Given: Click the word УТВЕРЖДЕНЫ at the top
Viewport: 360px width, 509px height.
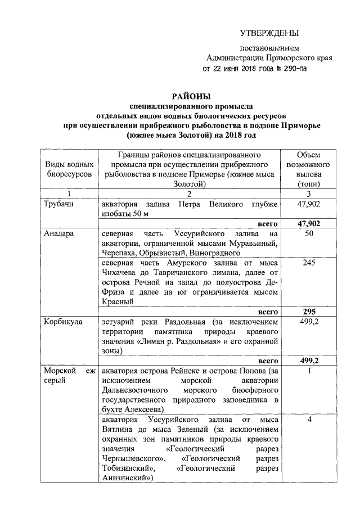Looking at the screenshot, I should tap(269, 33).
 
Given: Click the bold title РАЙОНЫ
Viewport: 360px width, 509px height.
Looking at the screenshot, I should tap(191, 96).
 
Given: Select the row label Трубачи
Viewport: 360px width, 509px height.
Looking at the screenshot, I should tap(59, 204).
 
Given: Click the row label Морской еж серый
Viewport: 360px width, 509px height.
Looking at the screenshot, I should tap(69, 376).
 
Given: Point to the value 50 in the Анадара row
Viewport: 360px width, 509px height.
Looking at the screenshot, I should tap(308, 233).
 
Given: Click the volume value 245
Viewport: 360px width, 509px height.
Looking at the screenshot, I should tap(308, 263).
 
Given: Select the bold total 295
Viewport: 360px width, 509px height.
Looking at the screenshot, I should tap(308, 312).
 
